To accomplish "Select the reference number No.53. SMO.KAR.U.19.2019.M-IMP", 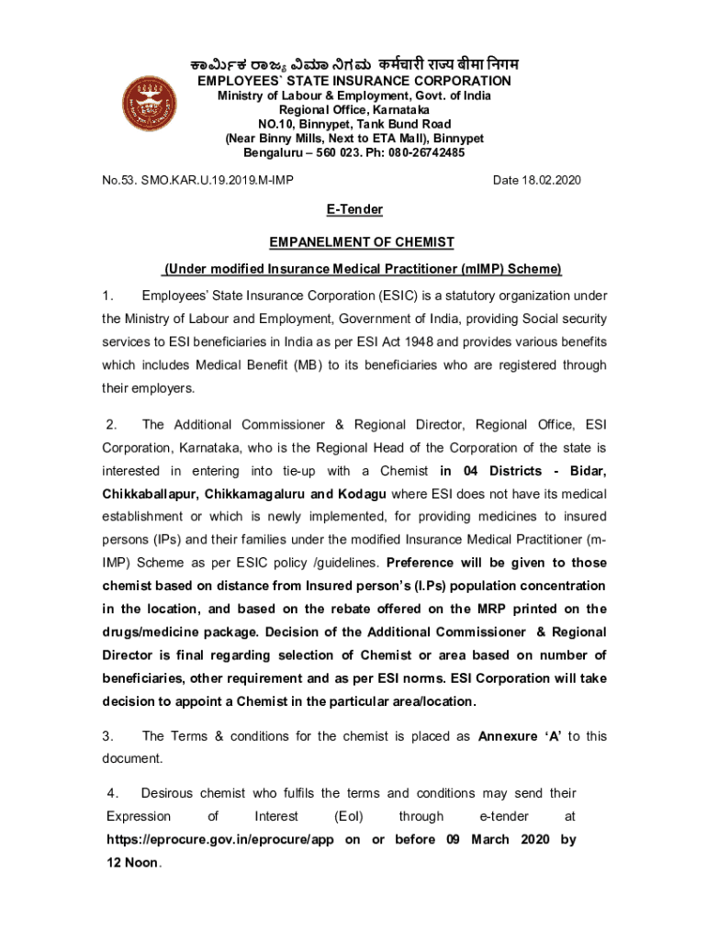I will (198, 180).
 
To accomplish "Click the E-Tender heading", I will (354, 210).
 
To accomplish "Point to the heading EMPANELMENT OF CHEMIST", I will (362, 241).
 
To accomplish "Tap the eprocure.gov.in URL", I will (220, 840).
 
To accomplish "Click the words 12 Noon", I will (134, 863).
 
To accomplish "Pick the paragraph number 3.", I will (108, 736).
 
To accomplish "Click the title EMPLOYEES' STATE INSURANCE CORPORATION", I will (354, 82).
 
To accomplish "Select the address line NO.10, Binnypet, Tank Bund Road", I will (354, 124).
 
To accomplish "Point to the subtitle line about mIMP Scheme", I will (362, 269).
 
